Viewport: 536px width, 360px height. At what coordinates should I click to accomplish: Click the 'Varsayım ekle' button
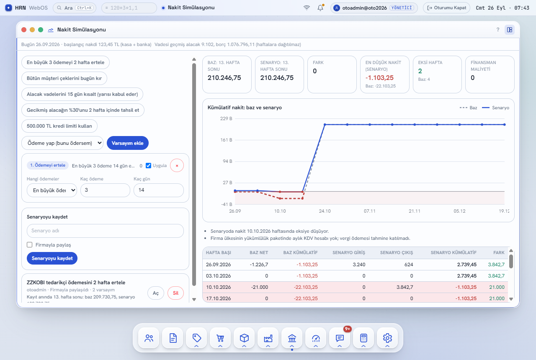click(x=128, y=143)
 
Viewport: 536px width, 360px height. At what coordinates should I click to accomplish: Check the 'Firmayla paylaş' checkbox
click(x=29, y=245)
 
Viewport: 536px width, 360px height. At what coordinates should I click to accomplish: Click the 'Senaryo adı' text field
click(x=105, y=231)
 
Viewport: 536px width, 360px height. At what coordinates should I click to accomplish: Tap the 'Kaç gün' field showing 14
click(x=158, y=190)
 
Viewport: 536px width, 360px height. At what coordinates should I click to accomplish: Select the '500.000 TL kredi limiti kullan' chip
click(x=59, y=126)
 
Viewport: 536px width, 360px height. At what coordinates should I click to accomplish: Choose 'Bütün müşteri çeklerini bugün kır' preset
click(x=64, y=78)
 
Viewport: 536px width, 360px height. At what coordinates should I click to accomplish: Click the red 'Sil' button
click(x=175, y=293)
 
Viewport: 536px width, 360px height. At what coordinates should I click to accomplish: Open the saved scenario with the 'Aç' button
click(x=156, y=293)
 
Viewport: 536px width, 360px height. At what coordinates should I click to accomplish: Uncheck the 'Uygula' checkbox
click(x=148, y=165)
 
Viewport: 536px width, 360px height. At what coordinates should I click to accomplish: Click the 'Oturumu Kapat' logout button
click(x=446, y=8)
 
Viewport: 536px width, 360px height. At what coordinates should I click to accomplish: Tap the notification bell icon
click(x=320, y=8)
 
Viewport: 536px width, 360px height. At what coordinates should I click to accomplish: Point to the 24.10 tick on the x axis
click(x=325, y=211)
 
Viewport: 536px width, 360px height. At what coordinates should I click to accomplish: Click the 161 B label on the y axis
click(x=226, y=140)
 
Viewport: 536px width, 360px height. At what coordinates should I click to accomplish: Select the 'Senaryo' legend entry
click(x=495, y=108)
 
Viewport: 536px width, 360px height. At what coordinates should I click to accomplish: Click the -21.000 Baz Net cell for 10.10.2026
click(x=259, y=287)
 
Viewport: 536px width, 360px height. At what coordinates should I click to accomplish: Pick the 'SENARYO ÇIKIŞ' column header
click(x=397, y=252)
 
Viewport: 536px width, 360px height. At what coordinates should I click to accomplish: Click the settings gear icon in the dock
click(x=387, y=338)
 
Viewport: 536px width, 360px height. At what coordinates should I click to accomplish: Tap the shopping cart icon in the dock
click(x=220, y=338)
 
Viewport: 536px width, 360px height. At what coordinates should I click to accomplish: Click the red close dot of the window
click(x=24, y=30)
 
